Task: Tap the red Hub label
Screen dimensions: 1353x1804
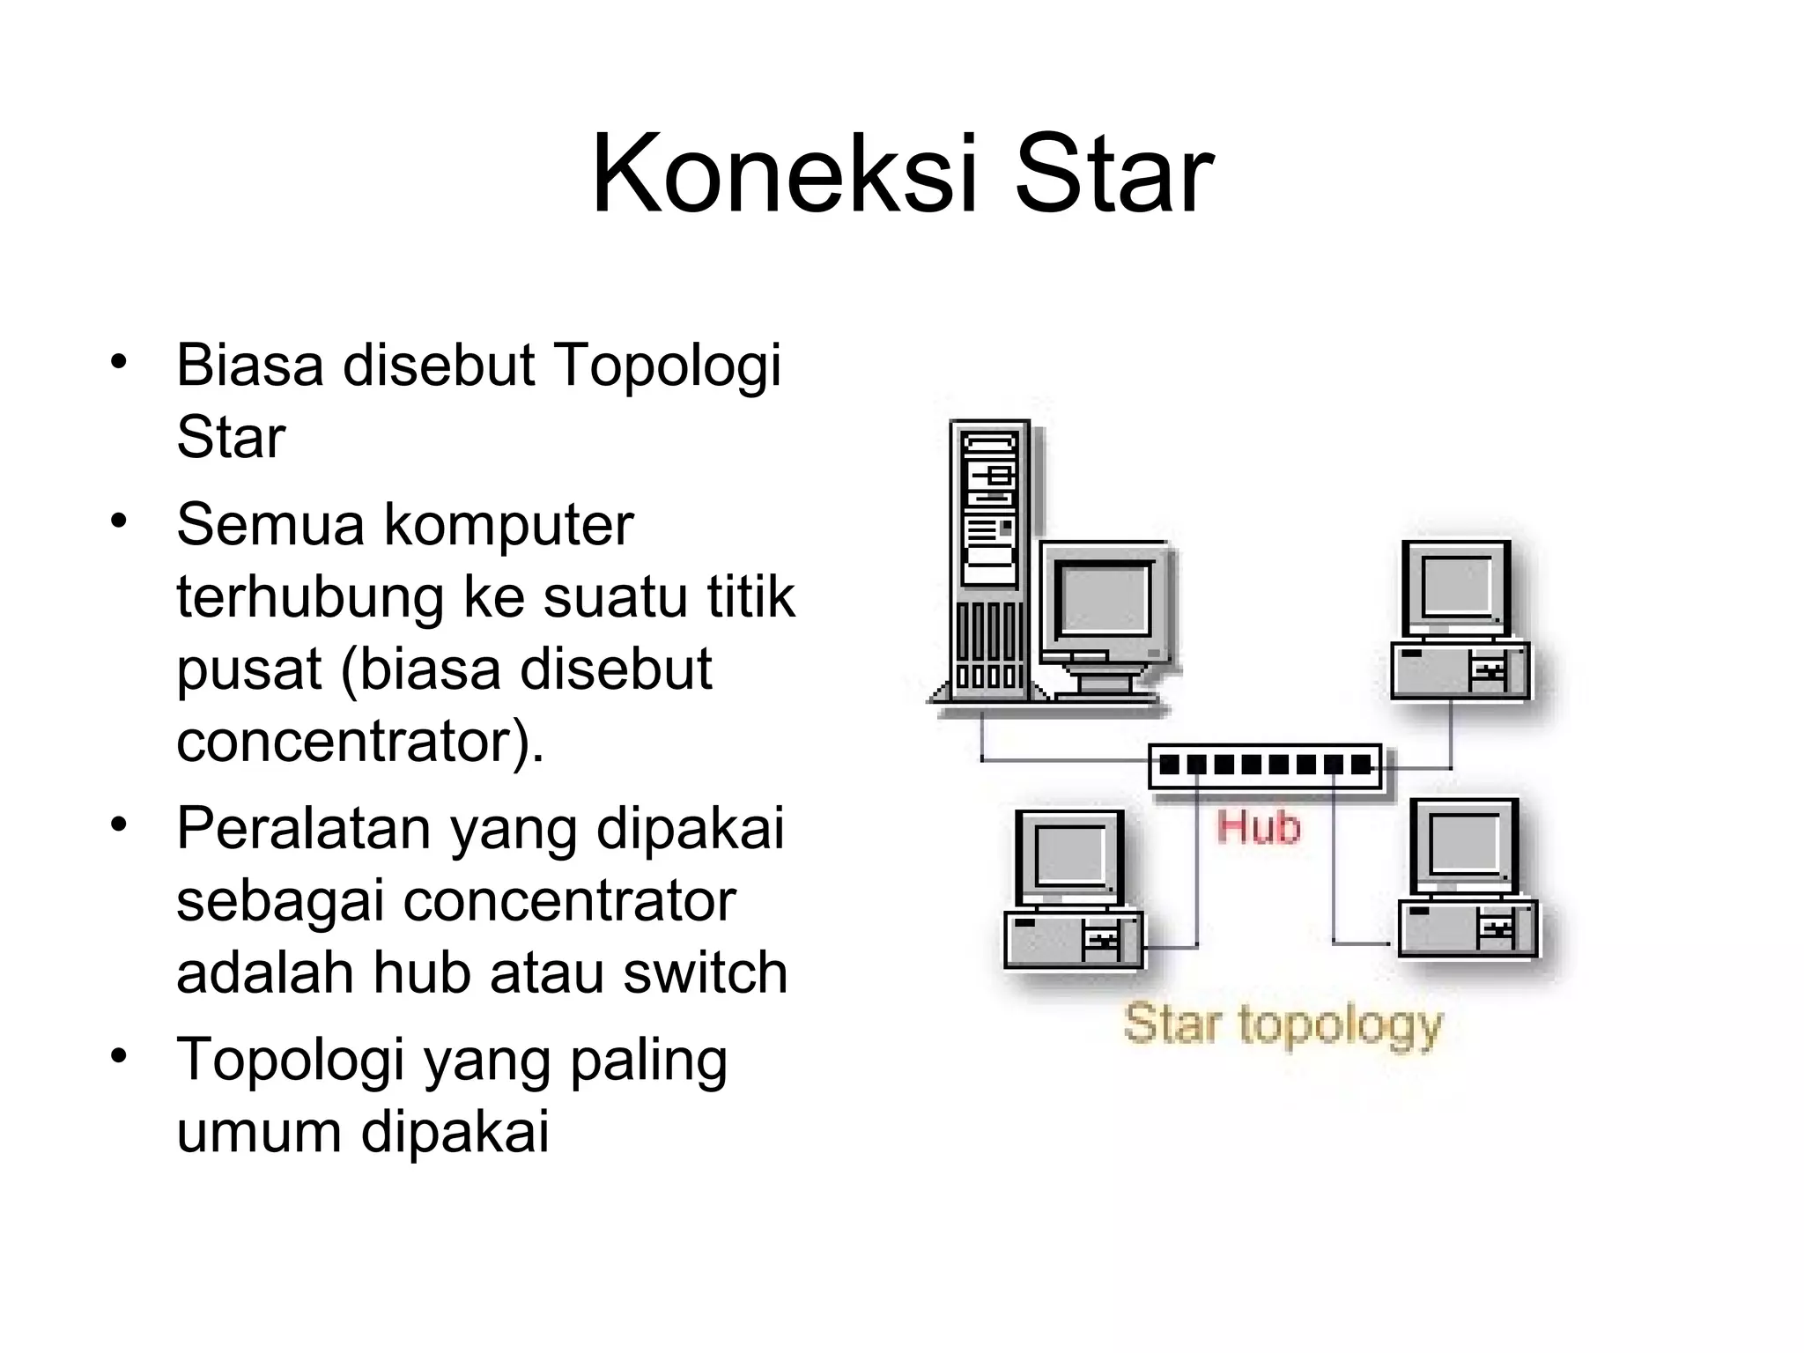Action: click(x=1258, y=828)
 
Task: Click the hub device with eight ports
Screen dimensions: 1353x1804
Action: click(x=1266, y=765)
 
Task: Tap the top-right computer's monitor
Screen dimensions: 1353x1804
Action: click(x=1456, y=588)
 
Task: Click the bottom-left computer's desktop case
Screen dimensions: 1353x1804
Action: click(x=1073, y=939)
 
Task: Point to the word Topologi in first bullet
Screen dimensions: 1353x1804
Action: click(x=667, y=366)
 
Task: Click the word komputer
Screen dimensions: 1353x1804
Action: click(x=508, y=525)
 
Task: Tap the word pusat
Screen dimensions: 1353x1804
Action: click(x=249, y=669)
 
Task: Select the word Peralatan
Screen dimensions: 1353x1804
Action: click(x=303, y=829)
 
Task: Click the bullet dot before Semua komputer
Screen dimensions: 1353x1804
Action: click(x=119, y=520)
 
